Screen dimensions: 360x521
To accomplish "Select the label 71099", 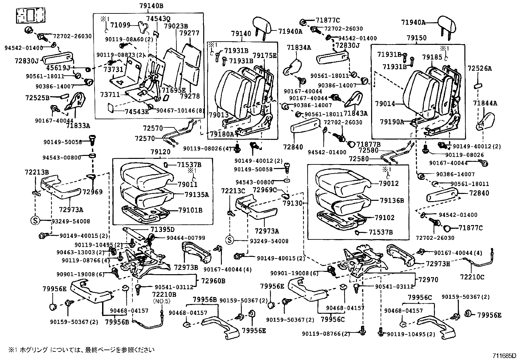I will pyautogui.click(x=120, y=25).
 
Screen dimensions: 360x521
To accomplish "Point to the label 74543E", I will pyautogui.click(x=136, y=111).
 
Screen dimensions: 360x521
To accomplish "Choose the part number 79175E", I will pyautogui.click(x=265, y=55).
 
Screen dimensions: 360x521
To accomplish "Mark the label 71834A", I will pyautogui.click(x=299, y=48).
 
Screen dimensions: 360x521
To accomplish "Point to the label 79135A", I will pyautogui.click(x=196, y=195).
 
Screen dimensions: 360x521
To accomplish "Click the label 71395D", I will pyautogui.click(x=163, y=229).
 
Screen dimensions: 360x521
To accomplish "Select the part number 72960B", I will pyautogui.click(x=213, y=281).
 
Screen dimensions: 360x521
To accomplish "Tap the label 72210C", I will pyautogui.click(x=472, y=277).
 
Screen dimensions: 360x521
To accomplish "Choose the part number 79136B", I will pyautogui.click(x=392, y=200).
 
